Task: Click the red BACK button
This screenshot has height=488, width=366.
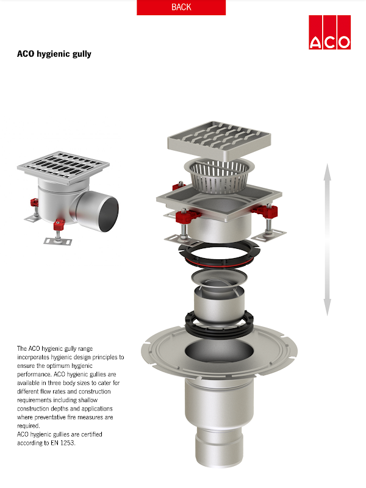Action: coord(181,7)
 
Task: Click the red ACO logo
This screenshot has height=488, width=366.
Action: coord(329,32)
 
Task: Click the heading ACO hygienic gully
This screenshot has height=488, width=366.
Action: coord(54,54)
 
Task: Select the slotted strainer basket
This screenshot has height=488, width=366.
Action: coord(219,176)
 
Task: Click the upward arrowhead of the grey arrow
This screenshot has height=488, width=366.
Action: coord(327,171)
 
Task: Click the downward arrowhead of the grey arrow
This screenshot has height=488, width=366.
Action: coord(327,307)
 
